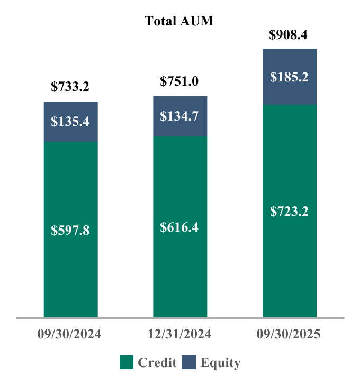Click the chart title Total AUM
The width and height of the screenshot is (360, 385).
click(x=179, y=21)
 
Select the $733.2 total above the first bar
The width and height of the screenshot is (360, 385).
click(x=70, y=87)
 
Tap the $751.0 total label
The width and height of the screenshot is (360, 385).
click(x=179, y=81)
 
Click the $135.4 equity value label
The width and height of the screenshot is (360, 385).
click(x=70, y=121)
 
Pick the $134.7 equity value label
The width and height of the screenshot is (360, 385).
click(x=179, y=116)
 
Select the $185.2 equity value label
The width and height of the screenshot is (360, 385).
click(x=289, y=77)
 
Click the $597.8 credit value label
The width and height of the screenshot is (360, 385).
click(x=70, y=231)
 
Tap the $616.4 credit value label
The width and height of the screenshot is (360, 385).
click(x=179, y=227)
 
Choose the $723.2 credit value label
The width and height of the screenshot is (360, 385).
click(x=289, y=212)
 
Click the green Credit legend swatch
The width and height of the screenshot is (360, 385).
click(x=127, y=363)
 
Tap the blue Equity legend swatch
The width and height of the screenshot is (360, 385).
click(x=190, y=363)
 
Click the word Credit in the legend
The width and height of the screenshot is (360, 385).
click(x=157, y=363)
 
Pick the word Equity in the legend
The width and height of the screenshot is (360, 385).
click(x=220, y=363)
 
